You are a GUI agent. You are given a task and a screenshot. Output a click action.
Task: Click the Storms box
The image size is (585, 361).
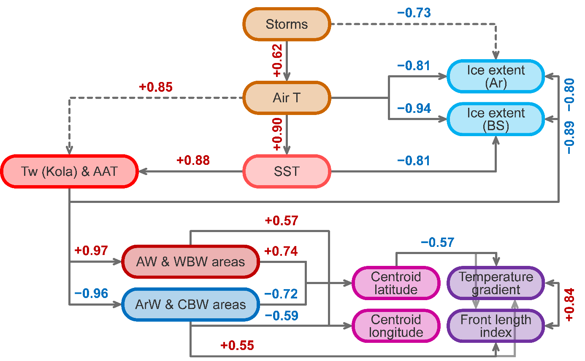coord(287,24)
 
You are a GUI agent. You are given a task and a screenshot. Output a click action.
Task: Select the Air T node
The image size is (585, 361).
coord(287,98)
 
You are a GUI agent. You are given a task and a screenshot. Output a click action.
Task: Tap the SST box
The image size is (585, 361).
coord(287,171)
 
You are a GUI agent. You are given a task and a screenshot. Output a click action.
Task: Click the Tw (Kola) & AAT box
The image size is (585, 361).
coord(69,171)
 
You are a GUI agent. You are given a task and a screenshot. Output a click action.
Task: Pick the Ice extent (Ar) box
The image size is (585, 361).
coord(496,77)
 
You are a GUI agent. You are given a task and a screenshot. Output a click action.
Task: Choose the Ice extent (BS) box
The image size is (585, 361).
coord(496,120)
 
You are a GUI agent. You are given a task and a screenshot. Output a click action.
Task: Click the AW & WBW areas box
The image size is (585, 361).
coord(190,262)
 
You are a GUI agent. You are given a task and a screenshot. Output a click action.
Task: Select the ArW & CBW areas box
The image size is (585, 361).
coord(190,304)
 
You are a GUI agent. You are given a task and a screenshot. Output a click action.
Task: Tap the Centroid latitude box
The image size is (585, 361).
coord(395,283)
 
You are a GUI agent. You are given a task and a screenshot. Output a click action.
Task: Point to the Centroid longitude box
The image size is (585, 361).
coord(395,326)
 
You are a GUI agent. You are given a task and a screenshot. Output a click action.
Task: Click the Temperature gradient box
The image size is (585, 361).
coord(496,283)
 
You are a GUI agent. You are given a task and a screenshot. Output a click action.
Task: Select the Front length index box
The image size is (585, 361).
coord(496,326)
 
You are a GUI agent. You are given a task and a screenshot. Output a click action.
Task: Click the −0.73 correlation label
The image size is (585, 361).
coord(414,13)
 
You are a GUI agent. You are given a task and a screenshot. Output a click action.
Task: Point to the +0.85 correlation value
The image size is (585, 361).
coord(156,88)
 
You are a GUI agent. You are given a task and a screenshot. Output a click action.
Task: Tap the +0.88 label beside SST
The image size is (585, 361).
coord(193,161)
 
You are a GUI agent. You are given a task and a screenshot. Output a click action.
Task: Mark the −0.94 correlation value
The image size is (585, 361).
coord(414,108)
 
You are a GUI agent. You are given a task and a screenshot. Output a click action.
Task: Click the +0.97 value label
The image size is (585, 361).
coord(91,250)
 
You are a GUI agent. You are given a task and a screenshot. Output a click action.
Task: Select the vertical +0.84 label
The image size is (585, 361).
coord(569,304)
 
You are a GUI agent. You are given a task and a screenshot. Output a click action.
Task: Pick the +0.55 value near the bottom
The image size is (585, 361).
coord(237,345)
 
